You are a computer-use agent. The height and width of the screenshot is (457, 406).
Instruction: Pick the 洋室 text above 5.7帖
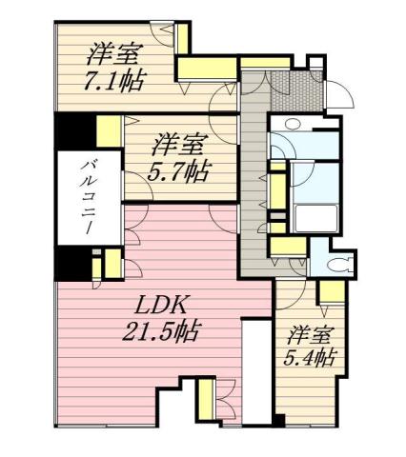pos(179,146)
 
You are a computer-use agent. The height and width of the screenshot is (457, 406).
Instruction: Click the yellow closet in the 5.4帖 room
pos(331,290)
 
